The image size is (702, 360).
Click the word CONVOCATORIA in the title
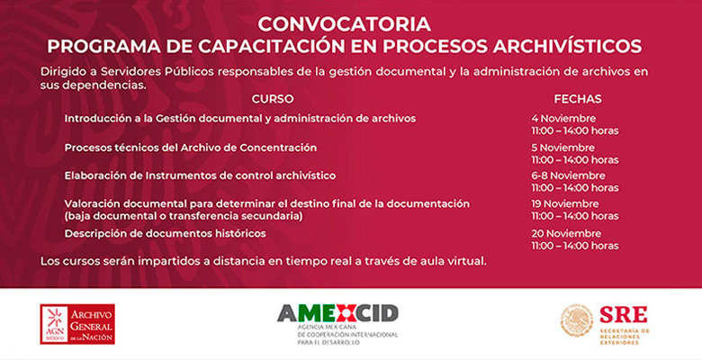(x=345, y=24)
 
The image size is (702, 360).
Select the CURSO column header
(x=273, y=99)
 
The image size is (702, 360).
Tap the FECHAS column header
(x=578, y=99)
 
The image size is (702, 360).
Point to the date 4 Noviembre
(x=563, y=119)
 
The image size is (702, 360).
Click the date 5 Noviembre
(x=562, y=148)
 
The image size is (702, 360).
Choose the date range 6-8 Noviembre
(x=568, y=175)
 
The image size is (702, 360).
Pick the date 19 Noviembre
(x=564, y=203)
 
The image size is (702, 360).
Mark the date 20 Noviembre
(x=566, y=234)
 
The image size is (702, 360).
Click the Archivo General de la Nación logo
(x=77, y=324)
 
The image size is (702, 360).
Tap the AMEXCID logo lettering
(x=337, y=313)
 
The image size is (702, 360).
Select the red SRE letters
(x=623, y=314)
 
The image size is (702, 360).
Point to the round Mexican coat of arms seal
(x=577, y=320)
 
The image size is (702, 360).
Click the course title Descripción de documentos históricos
(x=166, y=234)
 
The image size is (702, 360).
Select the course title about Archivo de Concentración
(x=191, y=148)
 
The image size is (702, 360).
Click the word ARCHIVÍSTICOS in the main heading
(x=567, y=46)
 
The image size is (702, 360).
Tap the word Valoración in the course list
(x=92, y=203)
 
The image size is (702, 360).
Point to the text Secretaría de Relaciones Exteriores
(x=625, y=337)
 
